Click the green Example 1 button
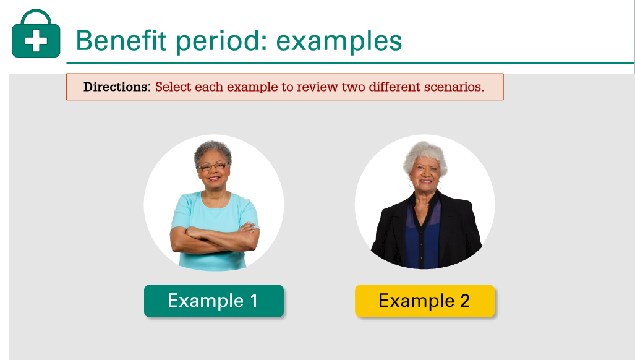click(213, 301)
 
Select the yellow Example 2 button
click(424, 301)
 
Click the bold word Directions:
click(117, 87)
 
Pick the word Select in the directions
click(173, 87)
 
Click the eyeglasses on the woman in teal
click(213, 166)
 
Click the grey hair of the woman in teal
click(213, 150)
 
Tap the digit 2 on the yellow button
click(464, 301)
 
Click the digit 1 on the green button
click(254, 301)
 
